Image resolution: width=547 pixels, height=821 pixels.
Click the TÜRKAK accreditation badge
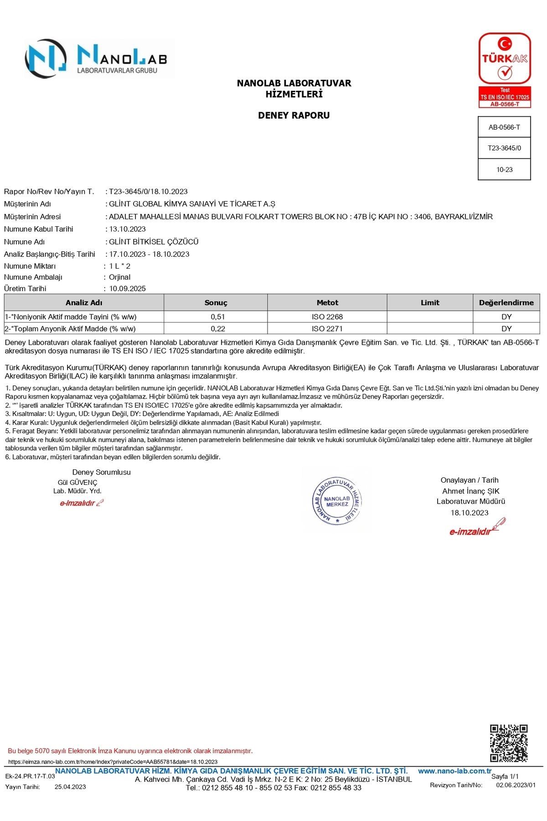click(x=505, y=70)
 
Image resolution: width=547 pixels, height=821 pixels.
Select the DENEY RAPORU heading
click(x=294, y=115)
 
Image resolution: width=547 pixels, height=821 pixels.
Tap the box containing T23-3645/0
click(x=504, y=148)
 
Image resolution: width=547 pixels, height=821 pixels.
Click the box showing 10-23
click(x=504, y=170)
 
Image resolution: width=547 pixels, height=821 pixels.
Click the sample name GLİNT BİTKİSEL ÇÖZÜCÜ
click(x=154, y=242)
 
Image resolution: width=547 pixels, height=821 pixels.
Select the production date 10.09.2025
click(x=127, y=288)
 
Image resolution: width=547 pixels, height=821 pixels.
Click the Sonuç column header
click(x=216, y=302)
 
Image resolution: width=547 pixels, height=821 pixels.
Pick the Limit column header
click(x=430, y=302)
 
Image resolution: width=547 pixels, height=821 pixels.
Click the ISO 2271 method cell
click(x=327, y=328)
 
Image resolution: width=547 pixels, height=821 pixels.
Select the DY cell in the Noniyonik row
click(x=506, y=317)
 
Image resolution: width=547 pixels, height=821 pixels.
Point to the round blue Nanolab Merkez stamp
click(x=338, y=501)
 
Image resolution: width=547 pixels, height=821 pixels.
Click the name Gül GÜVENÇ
click(x=77, y=482)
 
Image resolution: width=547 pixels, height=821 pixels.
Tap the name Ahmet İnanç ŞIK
click(x=470, y=491)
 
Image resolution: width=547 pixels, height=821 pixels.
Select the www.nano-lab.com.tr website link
click(x=454, y=771)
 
